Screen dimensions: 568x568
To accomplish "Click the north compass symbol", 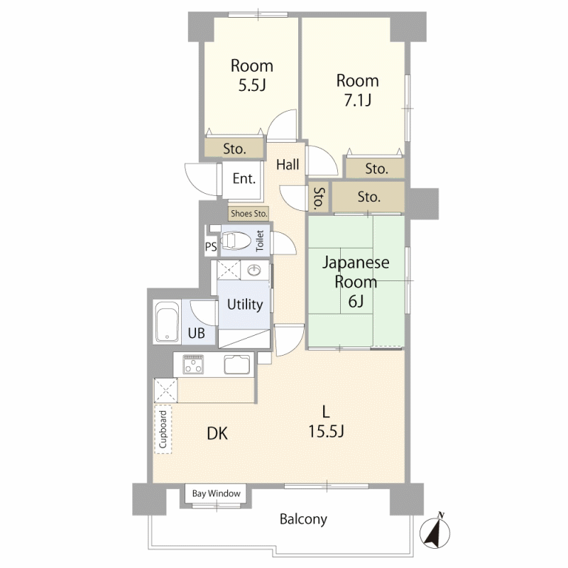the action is [x=435, y=532].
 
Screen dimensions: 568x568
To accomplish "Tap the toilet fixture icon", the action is [x=236, y=241].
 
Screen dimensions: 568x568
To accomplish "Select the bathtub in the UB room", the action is [x=167, y=322].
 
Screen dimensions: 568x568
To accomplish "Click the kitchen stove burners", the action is [x=193, y=364].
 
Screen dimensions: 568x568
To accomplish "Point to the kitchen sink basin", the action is [x=237, y=364].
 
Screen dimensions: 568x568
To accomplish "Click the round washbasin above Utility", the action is [x=254, y=270].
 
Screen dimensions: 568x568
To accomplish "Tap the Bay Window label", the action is [x=217, y=493].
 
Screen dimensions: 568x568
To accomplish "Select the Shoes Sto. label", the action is [x=249, y=214].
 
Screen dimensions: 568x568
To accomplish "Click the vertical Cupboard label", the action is [x=163, y=430].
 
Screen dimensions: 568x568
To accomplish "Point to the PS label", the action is [x=211, y=246].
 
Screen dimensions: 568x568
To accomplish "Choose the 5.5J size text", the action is [x=252, y=85].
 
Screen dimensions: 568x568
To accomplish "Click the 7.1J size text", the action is [x=358, y=100].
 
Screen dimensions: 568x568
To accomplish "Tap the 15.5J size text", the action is [x=326, y=432].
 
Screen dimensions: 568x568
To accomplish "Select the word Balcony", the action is [x=304, y=520].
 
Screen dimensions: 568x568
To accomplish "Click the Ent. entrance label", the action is [x=244, y=179].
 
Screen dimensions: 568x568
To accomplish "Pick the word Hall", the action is [x=288, y=165].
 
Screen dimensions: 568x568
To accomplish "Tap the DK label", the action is [x=217, y=434].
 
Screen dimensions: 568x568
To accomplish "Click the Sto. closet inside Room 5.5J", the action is [x=234, y=149].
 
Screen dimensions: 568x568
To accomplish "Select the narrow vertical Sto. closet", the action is [x=319, y=198].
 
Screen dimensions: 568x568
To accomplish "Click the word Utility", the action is [x=245, y=305].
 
